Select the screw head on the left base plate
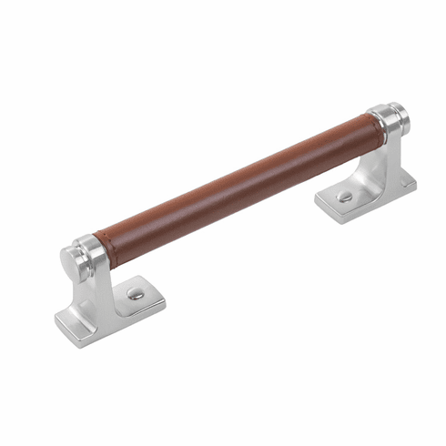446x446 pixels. (134, 293)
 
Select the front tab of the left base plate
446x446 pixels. (77, 319)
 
